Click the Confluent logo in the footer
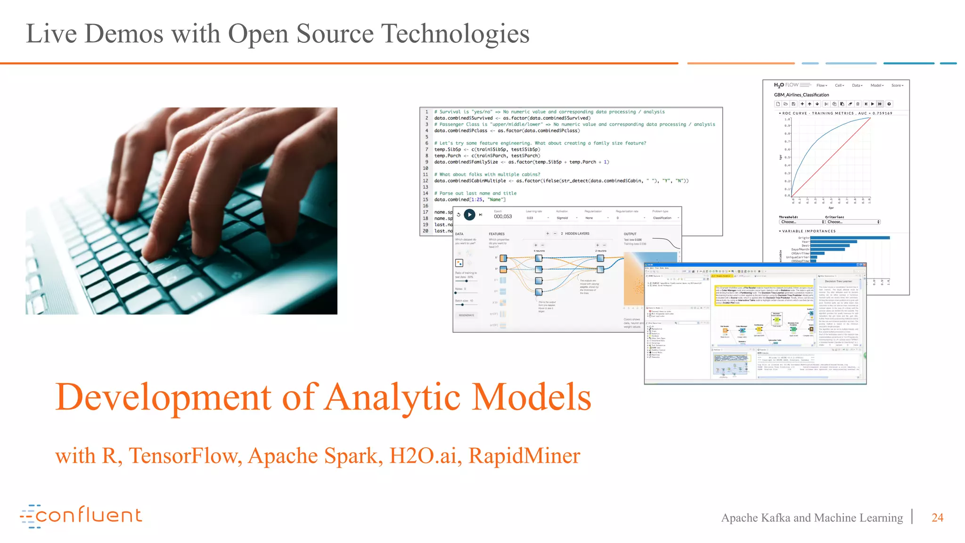tap(81, 516)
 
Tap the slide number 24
tap(937, 518)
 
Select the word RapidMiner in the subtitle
tap(524, 456)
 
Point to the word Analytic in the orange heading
tap(393, 397)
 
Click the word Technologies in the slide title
tap(455, 34)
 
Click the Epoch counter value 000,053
tap(503, 217)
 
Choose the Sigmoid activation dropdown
tap(566, 218)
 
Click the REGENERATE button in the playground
tap(466, 315)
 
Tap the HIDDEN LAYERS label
tap(577, 234)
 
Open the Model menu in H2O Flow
tap(876, 85)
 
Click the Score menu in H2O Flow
tap(897, 85)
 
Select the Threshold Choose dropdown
tap(802, 222)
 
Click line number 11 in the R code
tap(425, 174)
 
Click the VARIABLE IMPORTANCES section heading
tap(809, 231)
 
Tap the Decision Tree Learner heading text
tap(838, 281)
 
